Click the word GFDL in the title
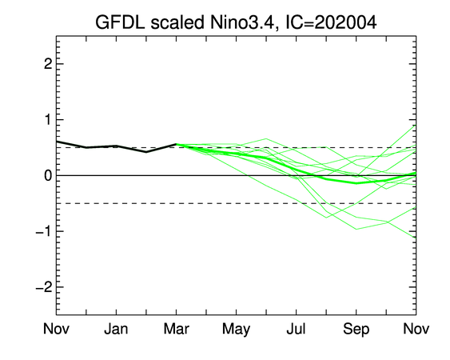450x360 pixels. [x=120, y=22]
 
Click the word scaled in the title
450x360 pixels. [x=177, y=22]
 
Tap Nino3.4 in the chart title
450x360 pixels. [x=241, y=22]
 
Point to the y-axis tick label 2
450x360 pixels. [x=48, y=64]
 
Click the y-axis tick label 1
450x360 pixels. [x=48, y=119]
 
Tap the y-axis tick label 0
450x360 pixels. [x=48, y=175]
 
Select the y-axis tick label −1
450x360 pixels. [x=44, y=231]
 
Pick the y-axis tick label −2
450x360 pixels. [x=44, y=287]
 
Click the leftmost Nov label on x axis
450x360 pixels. [x=56, y=329]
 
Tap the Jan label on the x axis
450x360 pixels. [x=116, y=329]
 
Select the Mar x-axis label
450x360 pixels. [x=176, y=329]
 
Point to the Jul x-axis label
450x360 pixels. [x=296, y=329]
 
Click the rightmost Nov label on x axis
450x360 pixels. [x=416, y=329]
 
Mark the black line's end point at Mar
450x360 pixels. [x=176, y=144]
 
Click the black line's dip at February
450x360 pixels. [x=146, y=152]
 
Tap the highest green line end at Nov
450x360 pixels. [x=416, y=126]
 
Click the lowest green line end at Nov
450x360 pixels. [x=416, y=238]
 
